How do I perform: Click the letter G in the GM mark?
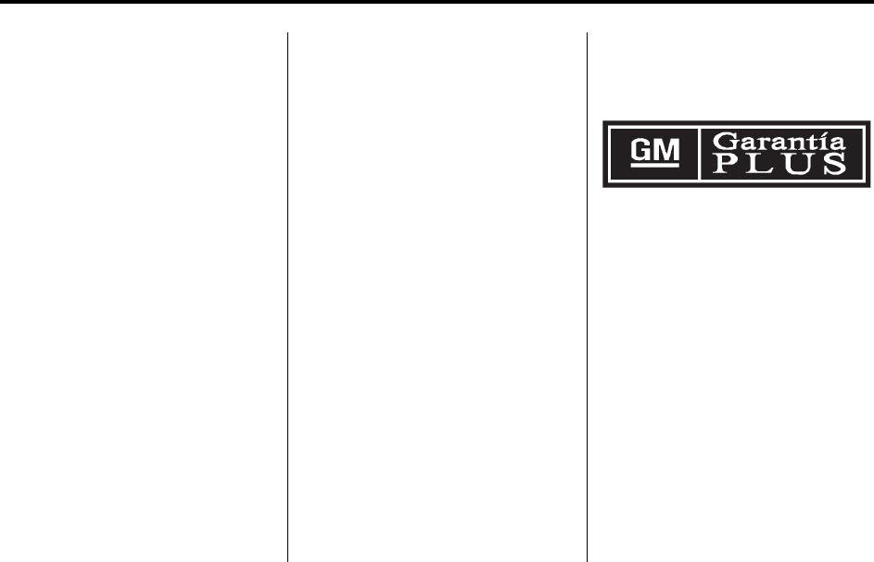[x=640, y=149]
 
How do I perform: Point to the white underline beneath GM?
[x=655, y=165]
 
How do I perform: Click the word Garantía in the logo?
[x=779, y=142]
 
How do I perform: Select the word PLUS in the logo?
[x=779, y=163]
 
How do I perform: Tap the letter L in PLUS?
[x=760, y=164]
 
